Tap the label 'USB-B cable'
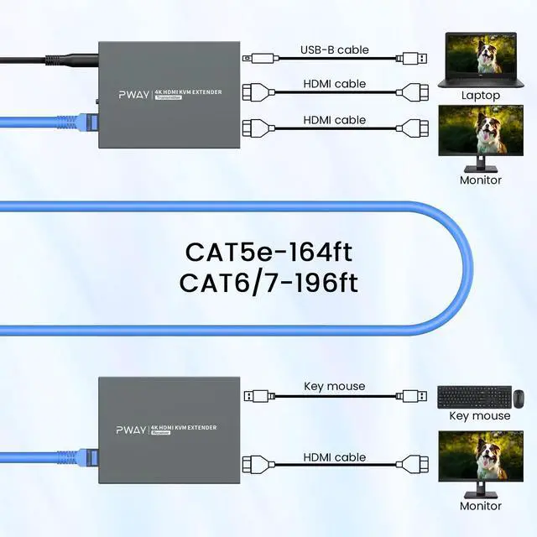pyautogui.click(x=334, y=50)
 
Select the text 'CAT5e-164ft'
pyautogui.click(x=269, y=252)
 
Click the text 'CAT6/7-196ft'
pyautogui.click(x=268, y=283)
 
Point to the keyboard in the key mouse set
pyautogui.click(x=470, y=396)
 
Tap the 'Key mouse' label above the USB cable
pyautogui.click(x=334, y=386)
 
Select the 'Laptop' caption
pyautogui.click(x=481, y=96)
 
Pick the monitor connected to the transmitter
pyautogui.click(x=481, y=136)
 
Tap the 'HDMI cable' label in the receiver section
pyautogui.click(x=334, y=457)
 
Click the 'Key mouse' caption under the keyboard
pyautogui.click(x=479, y=415)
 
